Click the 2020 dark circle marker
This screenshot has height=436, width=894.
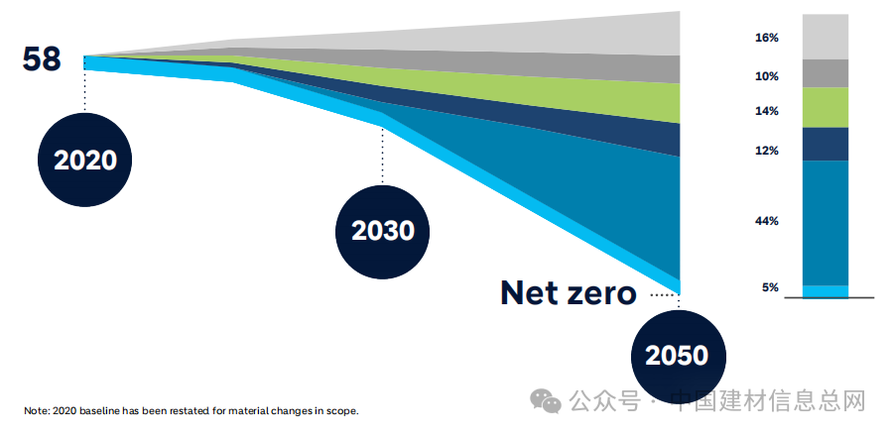(85, 160)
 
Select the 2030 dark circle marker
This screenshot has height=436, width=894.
(383, 232)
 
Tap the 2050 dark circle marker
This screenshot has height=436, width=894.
(679, 356)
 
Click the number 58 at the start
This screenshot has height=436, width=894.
(41, 59)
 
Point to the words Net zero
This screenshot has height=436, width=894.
(568, 293)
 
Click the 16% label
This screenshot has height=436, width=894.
(767, 38)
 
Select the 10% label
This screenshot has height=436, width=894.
(767, 76)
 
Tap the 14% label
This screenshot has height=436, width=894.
(767, 111)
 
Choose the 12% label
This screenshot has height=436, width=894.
(767, 151)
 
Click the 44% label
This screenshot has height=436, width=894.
(767, 221)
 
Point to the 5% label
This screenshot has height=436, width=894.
(770, 287)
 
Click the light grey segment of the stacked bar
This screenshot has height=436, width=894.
(825, 37)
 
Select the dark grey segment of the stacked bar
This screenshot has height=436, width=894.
(825, 73)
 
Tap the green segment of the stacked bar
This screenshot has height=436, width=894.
(825, 108)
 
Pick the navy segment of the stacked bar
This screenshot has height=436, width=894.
(825, 144)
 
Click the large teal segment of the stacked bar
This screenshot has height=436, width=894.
(825, 223)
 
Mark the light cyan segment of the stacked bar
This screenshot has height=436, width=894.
(825, 291)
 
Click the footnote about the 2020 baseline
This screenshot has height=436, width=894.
(192, 410)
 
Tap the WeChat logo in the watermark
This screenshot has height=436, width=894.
(546, 401)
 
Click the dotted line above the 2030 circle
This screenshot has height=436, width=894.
(383, 156)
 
